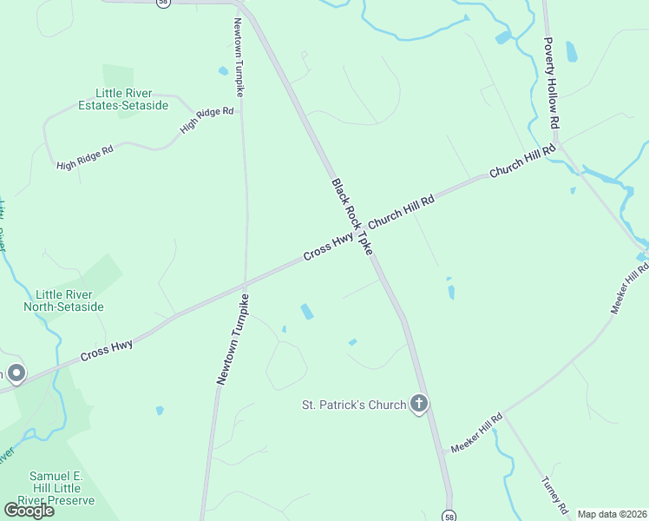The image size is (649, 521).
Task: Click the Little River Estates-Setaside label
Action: coord(127,100)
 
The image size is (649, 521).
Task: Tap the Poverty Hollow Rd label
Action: coord(550,82)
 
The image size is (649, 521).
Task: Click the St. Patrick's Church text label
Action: coord(353,405)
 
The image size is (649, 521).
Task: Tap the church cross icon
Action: coord(419,404)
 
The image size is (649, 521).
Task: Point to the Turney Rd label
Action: coord(554,496)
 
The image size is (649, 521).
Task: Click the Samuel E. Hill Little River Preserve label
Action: coord(62,488)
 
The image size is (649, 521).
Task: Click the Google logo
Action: coord(29,510)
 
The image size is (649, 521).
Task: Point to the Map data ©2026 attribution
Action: coord(612,514)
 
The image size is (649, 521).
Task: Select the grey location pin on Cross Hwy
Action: coord(16,373)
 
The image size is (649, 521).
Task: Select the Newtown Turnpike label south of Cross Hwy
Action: coord(233,339)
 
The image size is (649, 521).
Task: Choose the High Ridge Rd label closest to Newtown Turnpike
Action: coord(206,120)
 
